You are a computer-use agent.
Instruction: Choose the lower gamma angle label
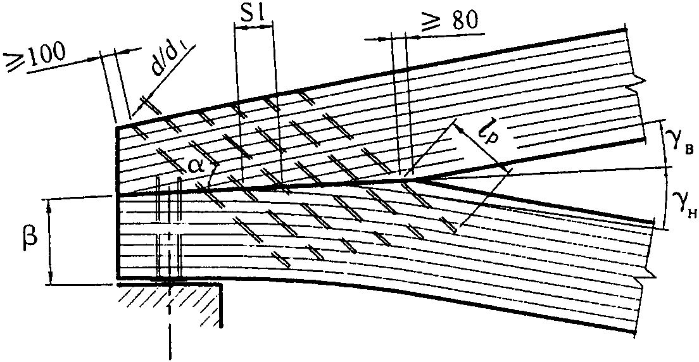[679, 203]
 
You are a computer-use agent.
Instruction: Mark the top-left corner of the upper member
[118, 128]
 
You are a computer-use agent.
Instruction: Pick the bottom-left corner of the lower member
[118, 278]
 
